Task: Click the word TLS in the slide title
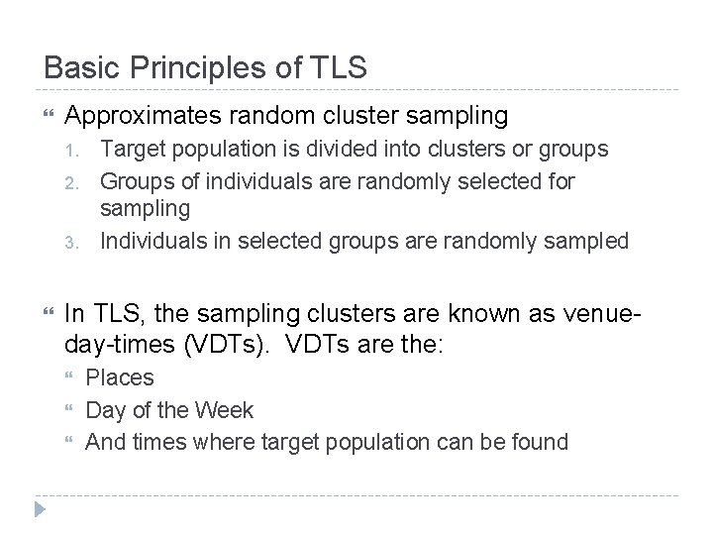338,67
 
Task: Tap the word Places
120,377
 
